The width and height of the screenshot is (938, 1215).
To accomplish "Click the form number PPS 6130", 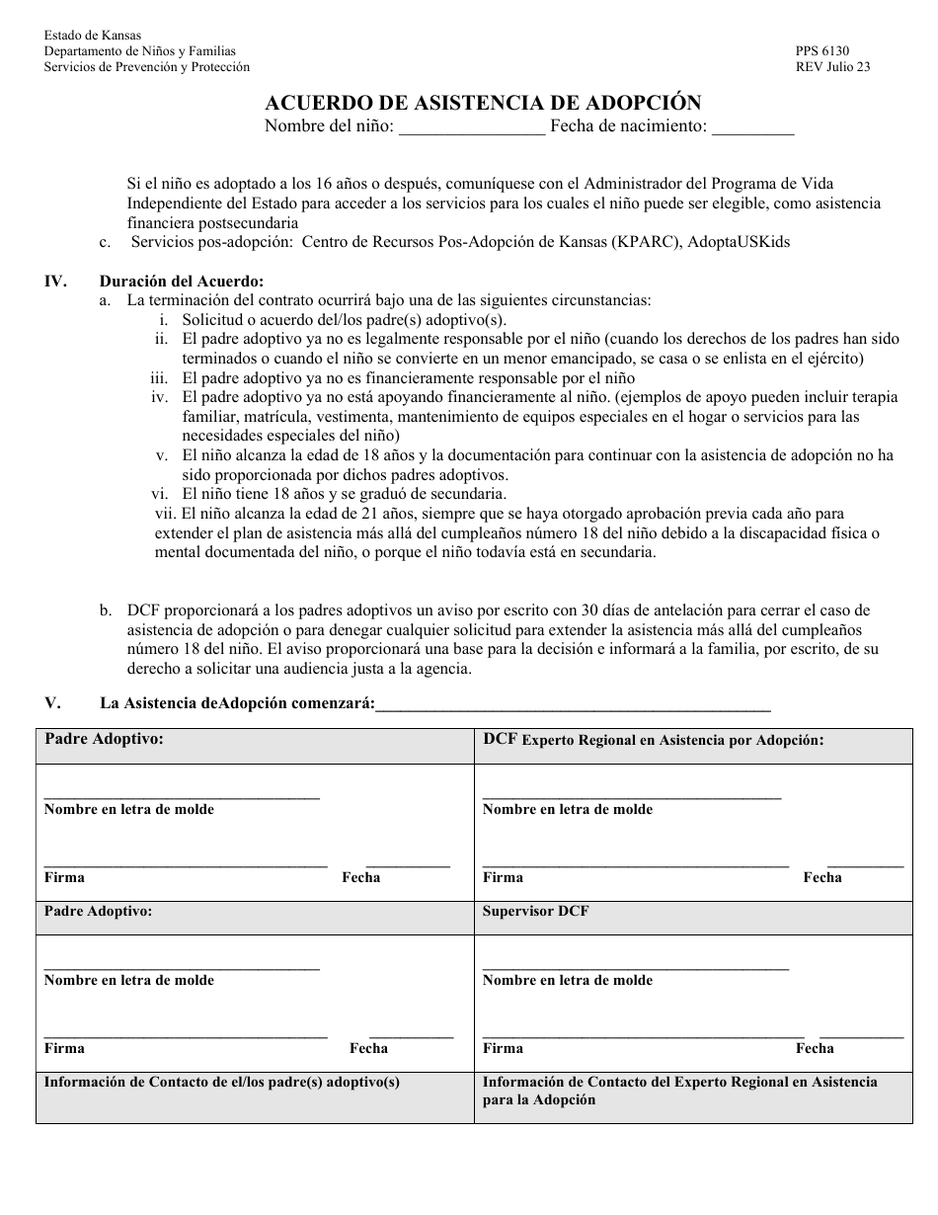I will [x=821, y=51].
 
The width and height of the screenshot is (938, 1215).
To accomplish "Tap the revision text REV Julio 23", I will [x=832, y=67].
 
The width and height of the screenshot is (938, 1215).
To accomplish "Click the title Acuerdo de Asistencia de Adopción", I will [x=483, y=103].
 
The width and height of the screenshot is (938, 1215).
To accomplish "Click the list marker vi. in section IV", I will [x=162, y=494].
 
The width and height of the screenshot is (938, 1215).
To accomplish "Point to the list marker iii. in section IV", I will [x=159, y=377].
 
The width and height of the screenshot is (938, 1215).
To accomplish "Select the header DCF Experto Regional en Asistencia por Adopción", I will [x=653, y=740].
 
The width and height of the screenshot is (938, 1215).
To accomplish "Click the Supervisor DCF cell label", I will [x=535, y=911].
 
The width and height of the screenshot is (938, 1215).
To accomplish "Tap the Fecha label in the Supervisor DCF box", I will [x=815, y=1048].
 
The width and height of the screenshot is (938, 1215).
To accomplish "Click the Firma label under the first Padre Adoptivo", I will [x=64, y=877].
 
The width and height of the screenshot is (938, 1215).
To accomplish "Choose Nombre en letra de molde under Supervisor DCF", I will [x=567, y=980].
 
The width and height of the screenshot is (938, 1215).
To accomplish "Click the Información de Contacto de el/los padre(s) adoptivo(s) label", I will [x=222, y=1082].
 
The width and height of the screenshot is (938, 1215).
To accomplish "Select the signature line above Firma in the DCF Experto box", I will [x=635, y=865].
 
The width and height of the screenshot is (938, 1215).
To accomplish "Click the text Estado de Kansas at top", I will [x=93, y=36].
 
